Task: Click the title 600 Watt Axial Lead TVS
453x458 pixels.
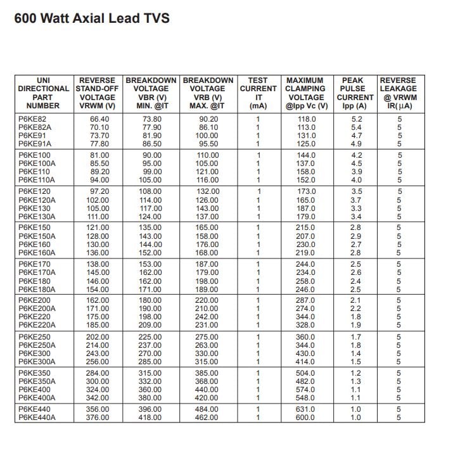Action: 92,18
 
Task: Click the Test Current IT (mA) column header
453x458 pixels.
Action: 258,93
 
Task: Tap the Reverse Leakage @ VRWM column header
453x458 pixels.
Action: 399,93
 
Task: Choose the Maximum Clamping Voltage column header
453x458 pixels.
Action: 306,93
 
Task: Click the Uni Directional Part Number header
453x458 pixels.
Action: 42,93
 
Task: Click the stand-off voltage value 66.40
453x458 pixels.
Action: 99,119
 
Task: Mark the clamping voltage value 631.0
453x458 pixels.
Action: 306,409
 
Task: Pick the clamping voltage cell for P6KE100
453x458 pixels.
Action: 306,155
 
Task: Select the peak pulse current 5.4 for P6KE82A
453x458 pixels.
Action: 356,127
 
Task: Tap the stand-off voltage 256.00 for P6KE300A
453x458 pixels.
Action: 98,362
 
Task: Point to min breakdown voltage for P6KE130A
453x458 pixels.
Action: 151,217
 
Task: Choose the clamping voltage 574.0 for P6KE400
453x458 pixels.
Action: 306,390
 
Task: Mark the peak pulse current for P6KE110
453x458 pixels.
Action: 356,172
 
